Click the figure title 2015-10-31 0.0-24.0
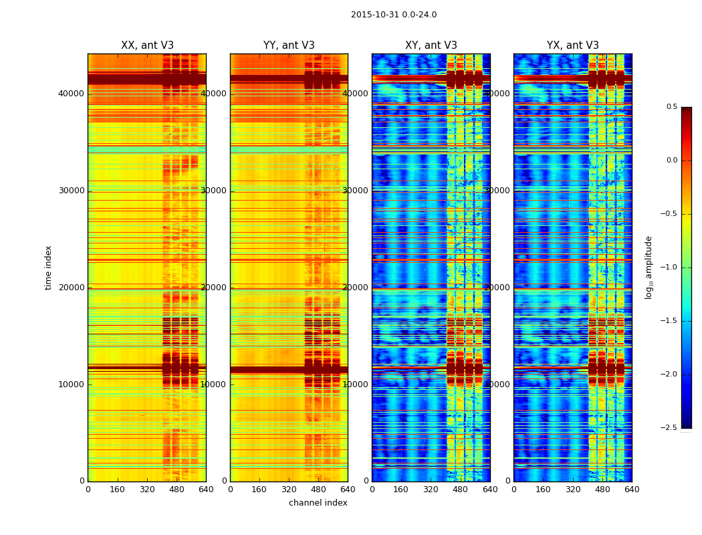pyautogui.click(x=394, y=15)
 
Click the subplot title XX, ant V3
pyautogui.click(x=147, y=45)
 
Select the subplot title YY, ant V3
pyautogui.click(x=289, y=45)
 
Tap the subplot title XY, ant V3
pyautogui.click(x=431, y=45)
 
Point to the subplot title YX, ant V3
pyautogui.click(x=573, y=45)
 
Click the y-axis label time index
pyautogui.click(x=48, y=267)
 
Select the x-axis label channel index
pyautogui.click(x=318, y=503)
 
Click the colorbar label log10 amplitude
pyautogui.click(x=649, y=267)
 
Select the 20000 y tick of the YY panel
pyautogui.click(x=214, y=288)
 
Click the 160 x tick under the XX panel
pyautogui.click(x=117, y=490)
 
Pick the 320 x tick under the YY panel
pyautogui.click(x=289, y=490)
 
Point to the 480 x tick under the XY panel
pyautogui.click(x=461, y=490)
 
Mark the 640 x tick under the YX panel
pyautogui.click(x=632, y=490)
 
